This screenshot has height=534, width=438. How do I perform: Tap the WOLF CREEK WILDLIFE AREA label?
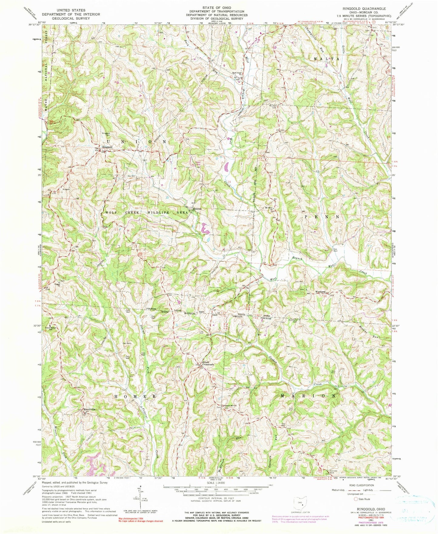tap(147, 213)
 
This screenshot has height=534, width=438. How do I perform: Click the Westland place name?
tap(321, 292)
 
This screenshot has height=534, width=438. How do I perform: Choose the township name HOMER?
tap(135, 396)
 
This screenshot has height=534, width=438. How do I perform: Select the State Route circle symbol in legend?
tap(356, 499)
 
